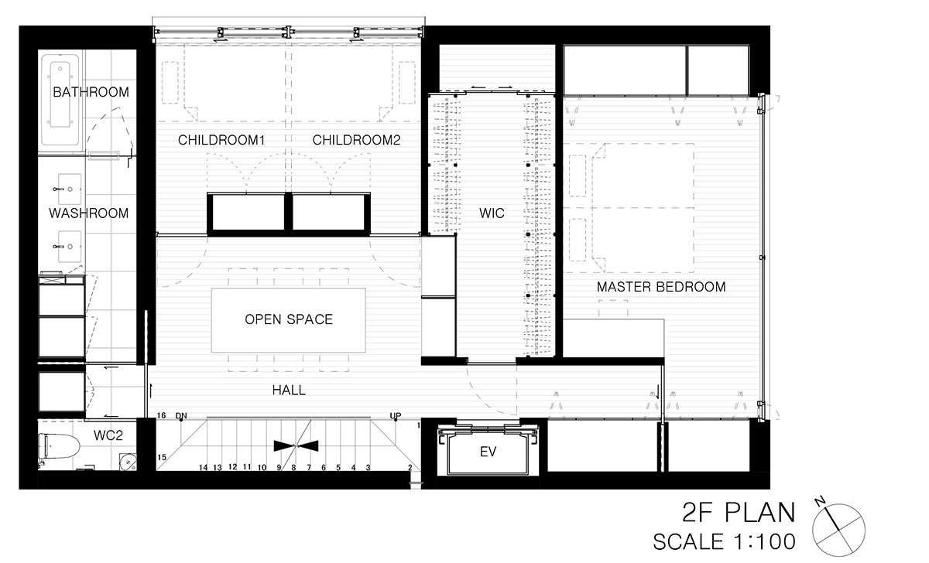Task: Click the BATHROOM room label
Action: coord(91,92)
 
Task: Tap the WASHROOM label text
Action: coord(89,213)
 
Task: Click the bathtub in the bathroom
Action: coord(60,100)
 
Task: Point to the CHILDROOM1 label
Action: coord(221,140)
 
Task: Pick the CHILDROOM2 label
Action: coord(356,140)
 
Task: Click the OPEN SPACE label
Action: coord(289,319)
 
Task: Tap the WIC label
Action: coord(492,213)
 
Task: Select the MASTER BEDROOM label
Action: coord(661,287)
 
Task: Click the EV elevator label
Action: coord(488,452)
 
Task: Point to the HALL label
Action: coord(289,391)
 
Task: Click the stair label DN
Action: coord(181,415)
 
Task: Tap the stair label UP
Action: coord(396,415)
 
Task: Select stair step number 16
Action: coord(161,415)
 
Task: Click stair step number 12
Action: coord(232,467)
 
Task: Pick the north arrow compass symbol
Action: coord(838,528)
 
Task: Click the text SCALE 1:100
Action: coord(724,542)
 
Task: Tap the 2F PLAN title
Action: coord(739,512)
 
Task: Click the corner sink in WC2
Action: coord(128,462)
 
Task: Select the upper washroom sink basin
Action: coord(69,189)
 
